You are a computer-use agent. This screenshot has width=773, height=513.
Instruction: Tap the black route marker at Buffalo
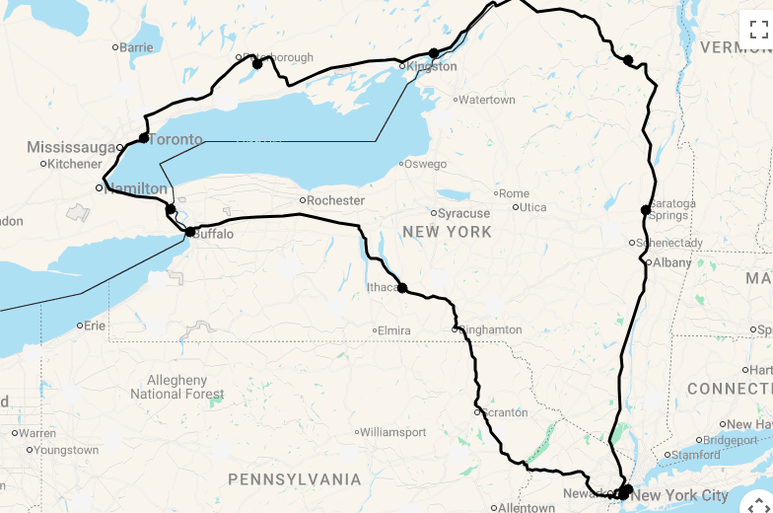coord(190,233)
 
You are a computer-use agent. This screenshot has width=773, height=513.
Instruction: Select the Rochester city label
coord(335,200)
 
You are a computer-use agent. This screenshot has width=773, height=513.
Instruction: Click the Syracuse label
coord(463,213)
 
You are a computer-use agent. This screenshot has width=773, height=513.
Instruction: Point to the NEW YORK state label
coord(447,232)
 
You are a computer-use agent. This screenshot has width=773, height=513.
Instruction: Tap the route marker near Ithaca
coord(402,288)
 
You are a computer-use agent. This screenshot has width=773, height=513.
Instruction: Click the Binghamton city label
coord(490,330)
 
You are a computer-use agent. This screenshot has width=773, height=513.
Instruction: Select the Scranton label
coord(505,412)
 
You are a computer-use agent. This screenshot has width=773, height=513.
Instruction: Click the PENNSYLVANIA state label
coord(295,479)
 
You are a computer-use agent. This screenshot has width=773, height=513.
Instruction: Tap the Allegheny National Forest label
coord(177,387)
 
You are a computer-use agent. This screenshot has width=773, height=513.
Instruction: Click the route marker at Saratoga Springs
coord(646,209)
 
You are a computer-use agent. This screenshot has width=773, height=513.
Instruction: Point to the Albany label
coord(672,262)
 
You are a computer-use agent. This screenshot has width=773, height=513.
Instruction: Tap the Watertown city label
coord(487,100)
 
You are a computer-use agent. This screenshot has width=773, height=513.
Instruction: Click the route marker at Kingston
coord(434,53)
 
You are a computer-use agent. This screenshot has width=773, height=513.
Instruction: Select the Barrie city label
coord(136,46)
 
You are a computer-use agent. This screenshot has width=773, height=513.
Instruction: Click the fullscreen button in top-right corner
coord(757,29)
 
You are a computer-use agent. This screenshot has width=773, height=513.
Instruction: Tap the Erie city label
coord(95,325)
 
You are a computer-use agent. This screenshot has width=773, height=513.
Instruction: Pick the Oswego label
coord(426,164)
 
